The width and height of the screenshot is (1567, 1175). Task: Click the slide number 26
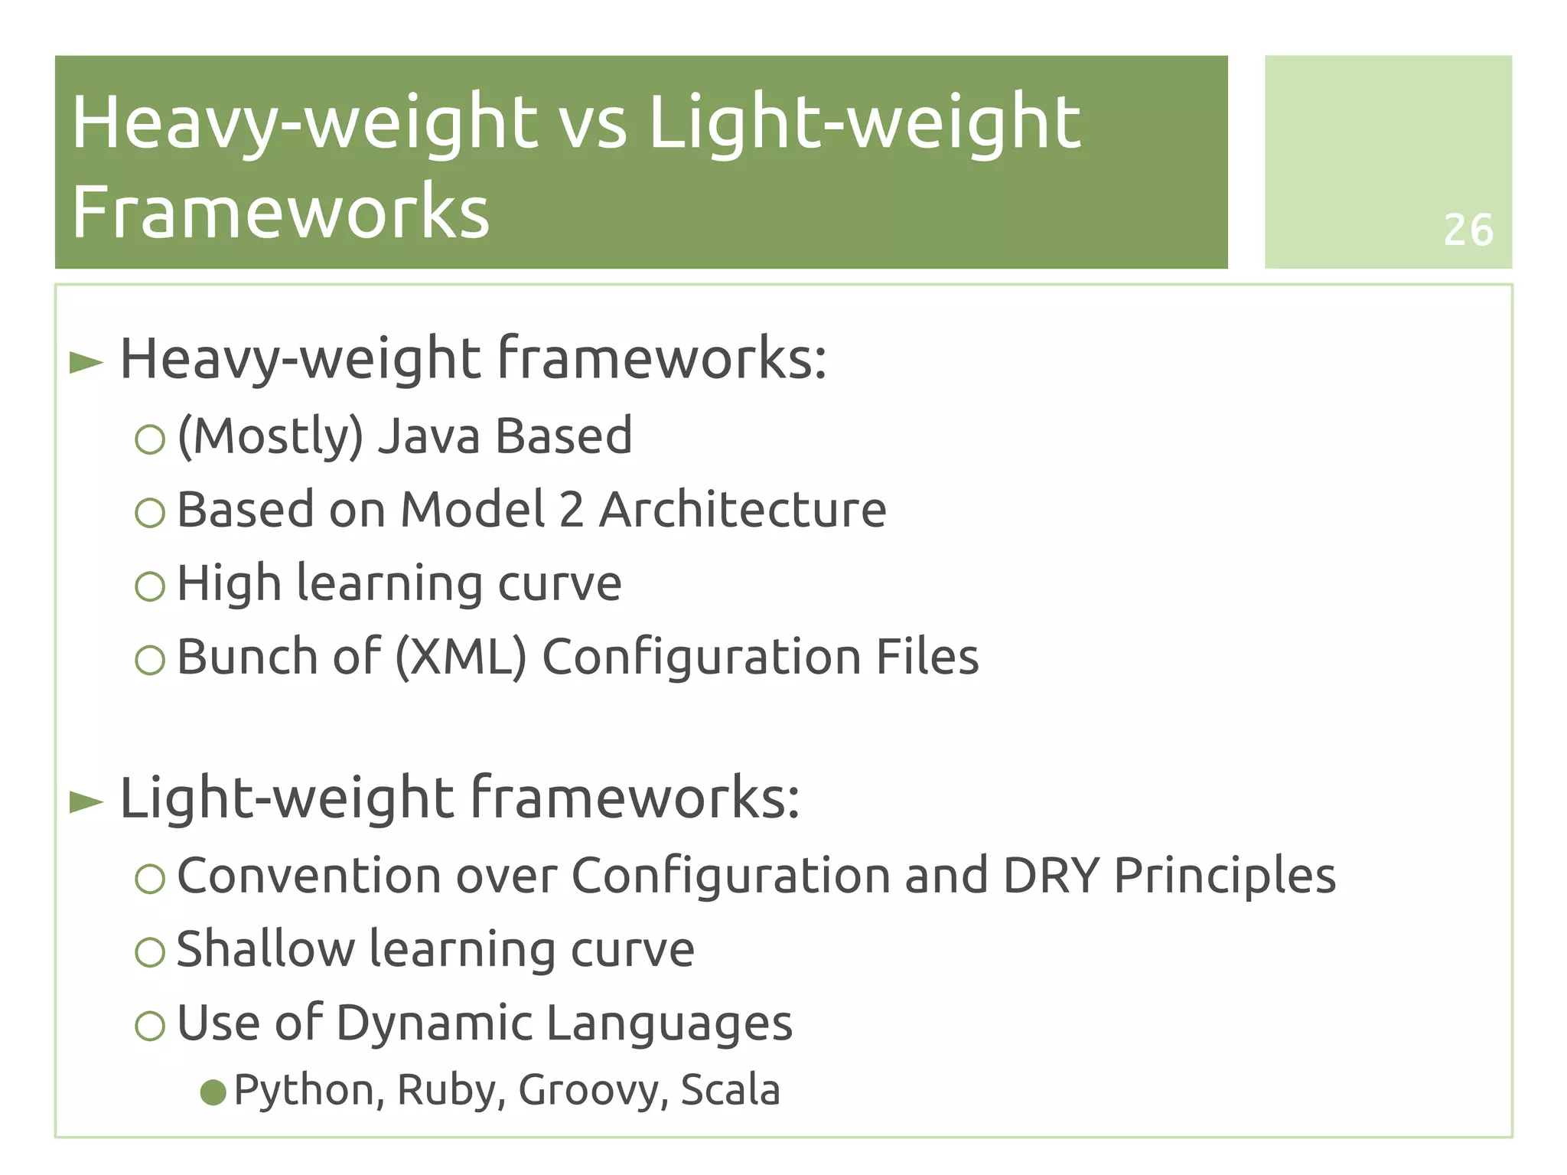1468,230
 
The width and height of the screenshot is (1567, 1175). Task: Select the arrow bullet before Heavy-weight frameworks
86,362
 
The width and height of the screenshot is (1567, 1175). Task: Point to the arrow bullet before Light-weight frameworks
86,801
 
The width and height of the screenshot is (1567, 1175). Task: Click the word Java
428,436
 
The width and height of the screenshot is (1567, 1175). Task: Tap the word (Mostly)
270,437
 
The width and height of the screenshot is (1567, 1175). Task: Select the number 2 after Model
572,510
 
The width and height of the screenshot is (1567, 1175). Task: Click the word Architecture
742,510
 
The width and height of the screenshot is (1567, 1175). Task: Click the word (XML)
461,658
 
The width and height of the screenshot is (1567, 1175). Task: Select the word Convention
309,876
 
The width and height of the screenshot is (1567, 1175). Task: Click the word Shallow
265,949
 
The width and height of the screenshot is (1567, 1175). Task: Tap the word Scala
730,1090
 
